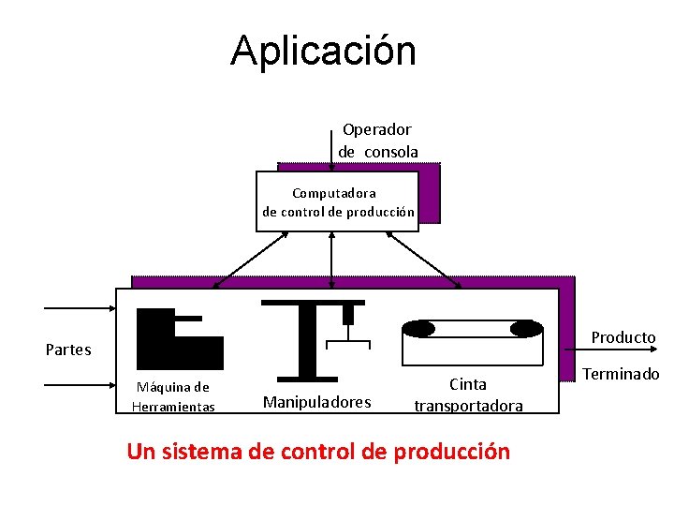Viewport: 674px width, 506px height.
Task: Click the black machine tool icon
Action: point(178,339)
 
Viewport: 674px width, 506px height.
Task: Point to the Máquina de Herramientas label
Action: point(173,396)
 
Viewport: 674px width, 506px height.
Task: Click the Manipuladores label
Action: point(316,402)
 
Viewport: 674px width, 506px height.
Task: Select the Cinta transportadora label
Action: point(468,394)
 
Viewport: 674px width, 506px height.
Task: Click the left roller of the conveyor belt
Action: point(418,329)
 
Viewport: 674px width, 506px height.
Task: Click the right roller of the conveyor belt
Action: point(526,329)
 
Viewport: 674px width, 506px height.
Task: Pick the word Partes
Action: point(68,350)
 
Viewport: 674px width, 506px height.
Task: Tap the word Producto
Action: point(623,337)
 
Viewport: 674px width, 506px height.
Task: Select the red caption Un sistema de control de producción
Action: point(318,452)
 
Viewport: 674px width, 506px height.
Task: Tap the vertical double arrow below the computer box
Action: point(331,259)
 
